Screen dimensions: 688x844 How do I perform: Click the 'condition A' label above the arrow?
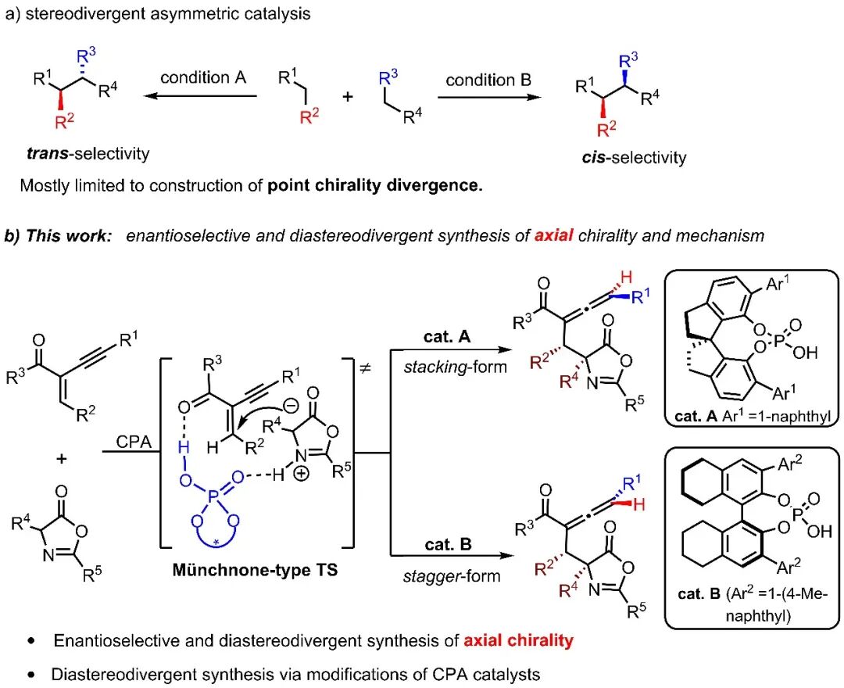pos(203,78)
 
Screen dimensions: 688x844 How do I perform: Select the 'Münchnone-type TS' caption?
pos(255,569)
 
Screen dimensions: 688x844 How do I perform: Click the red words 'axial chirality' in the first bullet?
pos(518,641)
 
